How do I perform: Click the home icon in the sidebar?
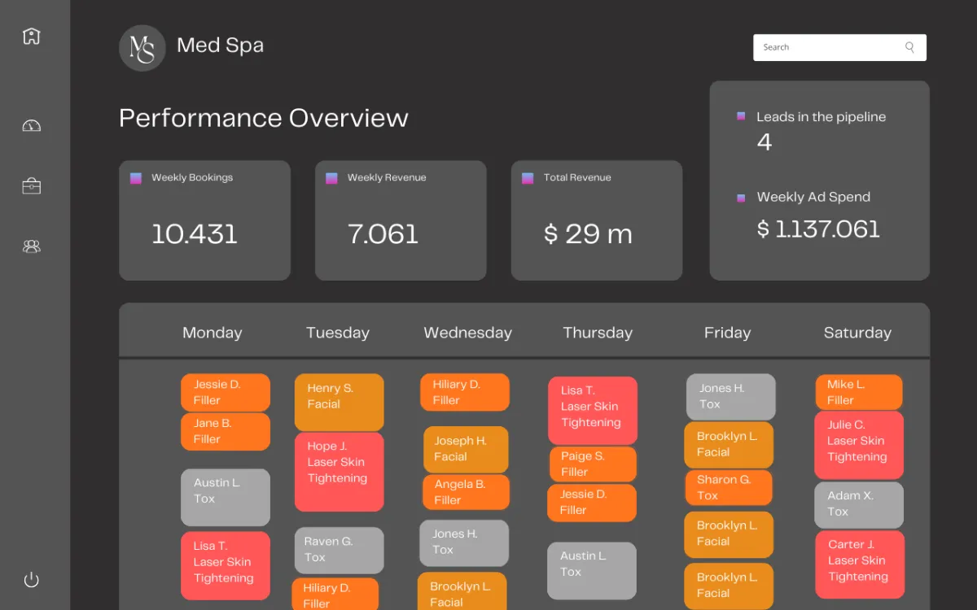pos(31,37)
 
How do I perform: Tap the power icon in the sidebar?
pos(31,580)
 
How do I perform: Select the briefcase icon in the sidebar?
pos(31,186)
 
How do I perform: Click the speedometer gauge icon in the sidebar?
pos(31,125)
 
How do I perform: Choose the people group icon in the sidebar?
pos(31,246)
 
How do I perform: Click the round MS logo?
pos(142,48)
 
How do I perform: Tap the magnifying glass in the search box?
pos(909,47)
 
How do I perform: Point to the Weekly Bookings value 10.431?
pos(195,234)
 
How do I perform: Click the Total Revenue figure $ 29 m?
pos(588,234)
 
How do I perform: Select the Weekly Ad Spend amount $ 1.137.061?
pos(818,229)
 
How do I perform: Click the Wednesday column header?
pos(467,333)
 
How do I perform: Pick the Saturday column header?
pos(857,333)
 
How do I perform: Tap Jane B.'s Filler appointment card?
pos(225,431)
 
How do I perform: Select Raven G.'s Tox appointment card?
pos(339,550)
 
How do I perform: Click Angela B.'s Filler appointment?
pos(466,492)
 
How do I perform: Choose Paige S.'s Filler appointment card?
pos(592,464)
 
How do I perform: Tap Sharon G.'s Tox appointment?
pos(728,487)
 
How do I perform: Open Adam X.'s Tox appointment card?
pos(859,504)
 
